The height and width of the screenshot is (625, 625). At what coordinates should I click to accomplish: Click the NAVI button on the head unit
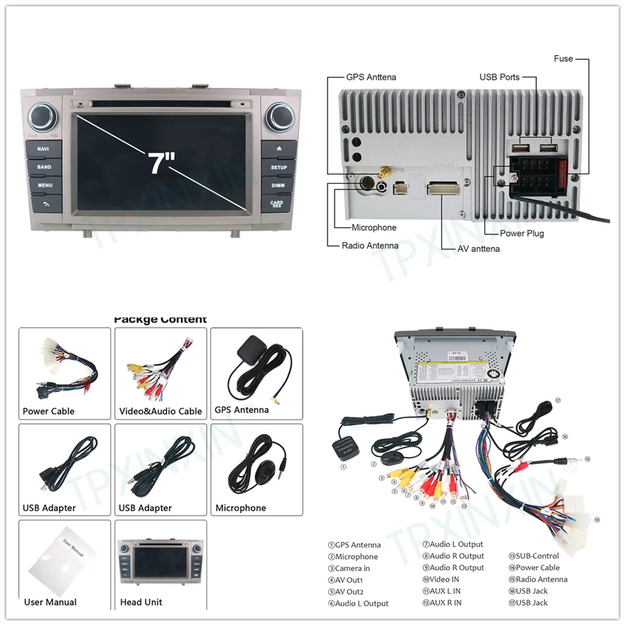pos(43,149)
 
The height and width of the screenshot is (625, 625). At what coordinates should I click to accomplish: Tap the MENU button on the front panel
pos(45,185)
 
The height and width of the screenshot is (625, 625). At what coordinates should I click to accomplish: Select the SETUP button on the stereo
pos(279,167)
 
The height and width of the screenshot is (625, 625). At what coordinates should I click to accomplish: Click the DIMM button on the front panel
pos(278,185)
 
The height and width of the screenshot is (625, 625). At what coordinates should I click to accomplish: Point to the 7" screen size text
pos(161,162)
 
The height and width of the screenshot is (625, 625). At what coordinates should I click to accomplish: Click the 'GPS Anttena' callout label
pos(371,77)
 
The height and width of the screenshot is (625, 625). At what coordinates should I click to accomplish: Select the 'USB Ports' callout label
pos(499,77)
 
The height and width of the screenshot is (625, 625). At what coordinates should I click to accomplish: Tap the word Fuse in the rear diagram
pos(563,59)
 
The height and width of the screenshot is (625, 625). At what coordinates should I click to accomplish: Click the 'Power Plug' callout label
pos(521,233)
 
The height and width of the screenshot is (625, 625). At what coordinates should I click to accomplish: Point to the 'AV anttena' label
pos(478,249)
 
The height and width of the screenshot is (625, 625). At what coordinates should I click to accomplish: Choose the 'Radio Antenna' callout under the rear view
pos(370,246)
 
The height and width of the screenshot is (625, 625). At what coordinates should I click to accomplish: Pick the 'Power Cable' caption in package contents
pos(49,411)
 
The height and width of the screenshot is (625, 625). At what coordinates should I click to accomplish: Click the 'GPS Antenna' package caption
pos(241,410)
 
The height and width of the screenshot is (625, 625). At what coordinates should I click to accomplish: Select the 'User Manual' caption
pos(51,602)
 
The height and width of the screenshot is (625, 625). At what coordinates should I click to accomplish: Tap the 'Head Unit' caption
pos(141,602)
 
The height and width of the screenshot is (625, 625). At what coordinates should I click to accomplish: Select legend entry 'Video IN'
pos(444,579)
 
